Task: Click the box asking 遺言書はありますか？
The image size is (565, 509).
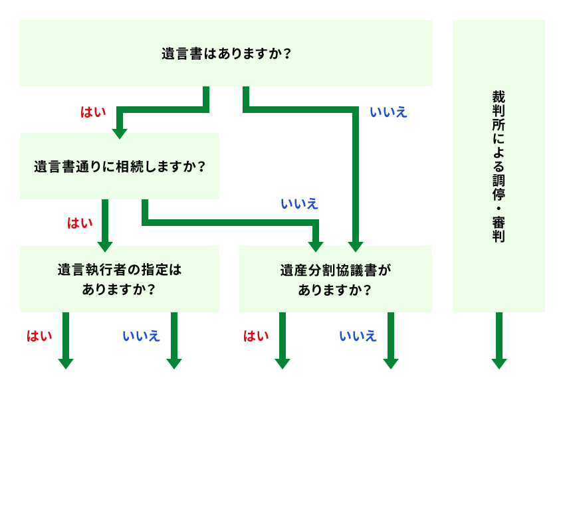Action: [x=226, y=53]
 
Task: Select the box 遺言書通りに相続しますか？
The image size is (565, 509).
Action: [x=120, y=166]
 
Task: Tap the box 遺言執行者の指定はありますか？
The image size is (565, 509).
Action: [x=120, y=279]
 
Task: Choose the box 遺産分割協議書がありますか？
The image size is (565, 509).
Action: [x=336, y=279]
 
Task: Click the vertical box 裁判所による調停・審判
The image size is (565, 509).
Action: [x=499, y=166]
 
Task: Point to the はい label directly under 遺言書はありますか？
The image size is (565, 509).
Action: [x=93, y=112]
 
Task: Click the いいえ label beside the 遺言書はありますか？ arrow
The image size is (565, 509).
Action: [x=388, y=112]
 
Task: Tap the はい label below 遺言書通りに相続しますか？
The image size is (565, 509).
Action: [x=80, y=223]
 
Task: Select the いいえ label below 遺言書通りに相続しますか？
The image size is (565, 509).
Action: [x=299, y=203]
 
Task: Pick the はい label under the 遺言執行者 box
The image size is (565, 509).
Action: [x=39, y=336]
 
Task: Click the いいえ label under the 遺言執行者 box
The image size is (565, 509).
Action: [x=141, y=336]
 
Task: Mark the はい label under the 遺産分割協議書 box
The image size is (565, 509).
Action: [x=256, y=336]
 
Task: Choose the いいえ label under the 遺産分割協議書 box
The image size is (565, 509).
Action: [x=358, y=336]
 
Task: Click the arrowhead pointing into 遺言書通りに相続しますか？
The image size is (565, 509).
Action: [x=120, y=133]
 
